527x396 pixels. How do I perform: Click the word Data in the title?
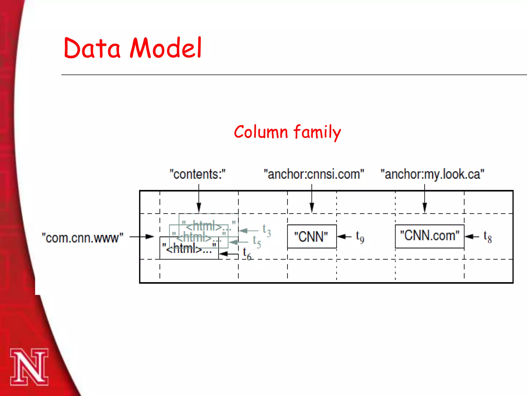click(92, 48)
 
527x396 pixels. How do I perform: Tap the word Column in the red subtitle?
click(260, 132)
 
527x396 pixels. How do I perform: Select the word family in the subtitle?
click(317, 133)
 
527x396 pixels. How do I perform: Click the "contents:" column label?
click(197, 174)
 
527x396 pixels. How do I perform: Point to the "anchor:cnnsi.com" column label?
click(314, 174)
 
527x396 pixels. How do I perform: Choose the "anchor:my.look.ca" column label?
click(432, 174)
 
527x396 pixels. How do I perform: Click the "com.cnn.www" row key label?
click(83, 238)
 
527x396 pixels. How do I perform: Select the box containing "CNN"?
click(312, 236)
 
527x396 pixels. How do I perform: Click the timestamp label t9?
click(360, 237)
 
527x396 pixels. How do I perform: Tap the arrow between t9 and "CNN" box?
click(344, 236)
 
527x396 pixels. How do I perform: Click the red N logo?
click(29, 367)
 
